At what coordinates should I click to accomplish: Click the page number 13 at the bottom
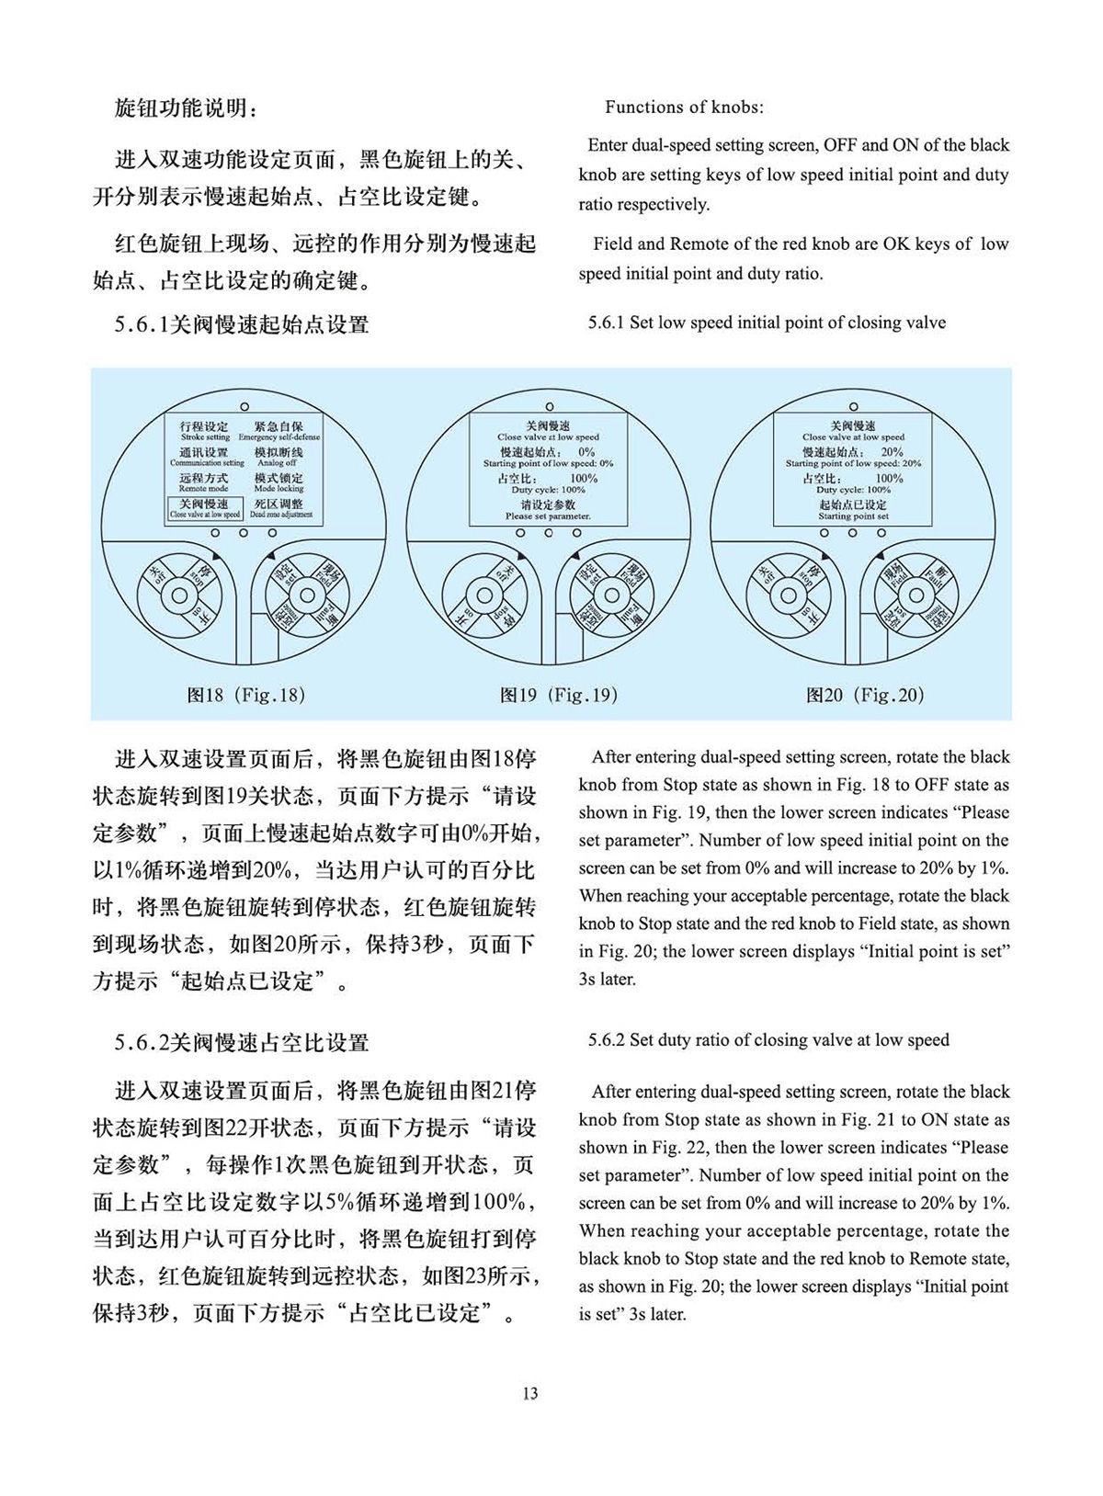point(529,1393)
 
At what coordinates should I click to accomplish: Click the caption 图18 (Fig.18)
point(245,695)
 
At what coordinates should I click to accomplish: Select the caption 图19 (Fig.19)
point(558,695)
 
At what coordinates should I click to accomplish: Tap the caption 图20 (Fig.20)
point(865,695)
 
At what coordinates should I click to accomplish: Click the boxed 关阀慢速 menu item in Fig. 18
point(205,508)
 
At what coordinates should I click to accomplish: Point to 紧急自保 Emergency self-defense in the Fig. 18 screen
point(279,431)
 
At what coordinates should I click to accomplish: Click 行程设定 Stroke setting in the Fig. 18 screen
point(205,431)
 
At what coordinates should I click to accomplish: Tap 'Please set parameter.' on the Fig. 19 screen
point(549,516)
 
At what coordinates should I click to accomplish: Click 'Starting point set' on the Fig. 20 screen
point(853,516)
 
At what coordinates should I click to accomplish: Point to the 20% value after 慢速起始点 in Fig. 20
point(891,452)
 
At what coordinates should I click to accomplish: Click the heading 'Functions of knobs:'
point(684,108)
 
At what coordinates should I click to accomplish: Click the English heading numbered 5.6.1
point(767,323)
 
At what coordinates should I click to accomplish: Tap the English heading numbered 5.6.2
point(768,1040)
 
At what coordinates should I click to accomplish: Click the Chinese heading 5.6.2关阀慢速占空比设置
point(242,1043)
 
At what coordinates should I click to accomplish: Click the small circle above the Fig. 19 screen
point(550,405)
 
